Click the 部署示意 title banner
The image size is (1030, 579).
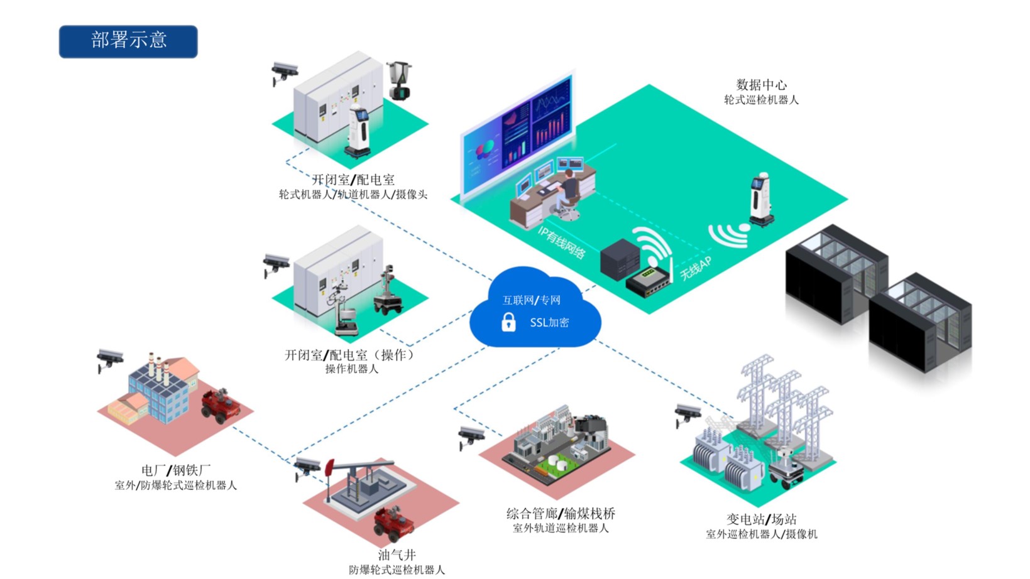pos(128,41)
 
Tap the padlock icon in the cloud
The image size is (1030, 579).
pos(508,322)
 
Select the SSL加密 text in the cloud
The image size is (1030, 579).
pos(549,322)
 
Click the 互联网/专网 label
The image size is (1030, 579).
pos(531,300)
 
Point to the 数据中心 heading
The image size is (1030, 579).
pos(761,85)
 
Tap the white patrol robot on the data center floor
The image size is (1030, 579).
pos(760,200)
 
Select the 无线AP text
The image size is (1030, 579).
pos(696,268)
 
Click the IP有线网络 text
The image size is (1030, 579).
pos(561,242)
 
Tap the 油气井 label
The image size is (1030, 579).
pos(397,555)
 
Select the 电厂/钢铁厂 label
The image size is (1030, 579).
pos(175,470)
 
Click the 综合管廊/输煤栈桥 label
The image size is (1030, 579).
pos(561,514)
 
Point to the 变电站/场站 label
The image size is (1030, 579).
pos(761,519)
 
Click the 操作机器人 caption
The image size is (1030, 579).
pos(351,369)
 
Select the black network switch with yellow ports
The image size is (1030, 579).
pos(649,282)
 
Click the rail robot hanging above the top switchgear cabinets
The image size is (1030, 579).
pos(399,80)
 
